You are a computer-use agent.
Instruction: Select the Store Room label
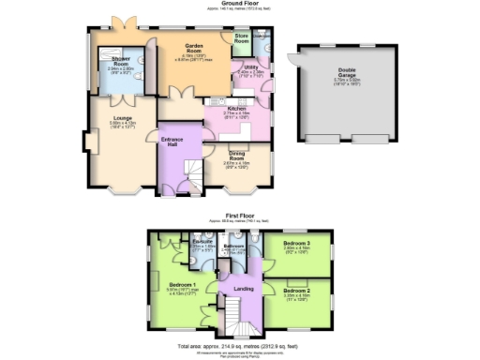pos(242,39)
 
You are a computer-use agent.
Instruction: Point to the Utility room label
pos(251,67)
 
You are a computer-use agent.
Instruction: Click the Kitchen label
pos(236,108)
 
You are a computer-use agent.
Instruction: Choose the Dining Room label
pos(241,154)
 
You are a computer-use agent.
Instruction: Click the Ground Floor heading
pos(240,4)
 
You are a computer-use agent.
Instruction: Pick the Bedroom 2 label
pos(296,292)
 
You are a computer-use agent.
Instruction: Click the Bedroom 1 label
pos(181,284)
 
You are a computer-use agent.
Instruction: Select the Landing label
pos(244,289)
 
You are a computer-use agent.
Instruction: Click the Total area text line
pos(240,346)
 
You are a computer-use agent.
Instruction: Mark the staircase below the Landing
pos(240,324)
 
